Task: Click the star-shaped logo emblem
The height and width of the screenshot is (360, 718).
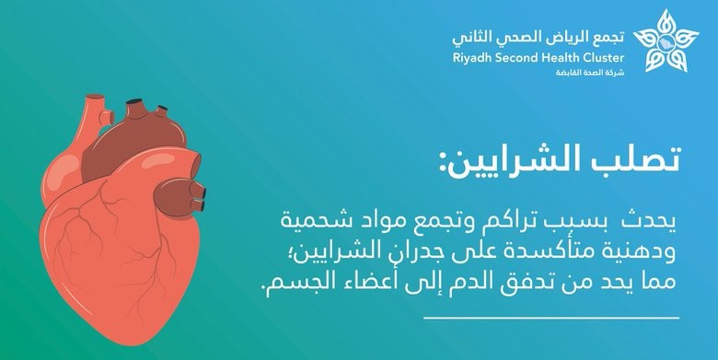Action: [666, 41]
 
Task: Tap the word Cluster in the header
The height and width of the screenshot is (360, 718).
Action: [604, 58]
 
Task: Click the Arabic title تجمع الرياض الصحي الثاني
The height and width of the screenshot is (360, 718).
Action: [538, 38]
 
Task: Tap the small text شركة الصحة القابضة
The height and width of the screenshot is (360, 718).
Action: [590, 73]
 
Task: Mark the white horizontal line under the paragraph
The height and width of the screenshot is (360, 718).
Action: [551, 318]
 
